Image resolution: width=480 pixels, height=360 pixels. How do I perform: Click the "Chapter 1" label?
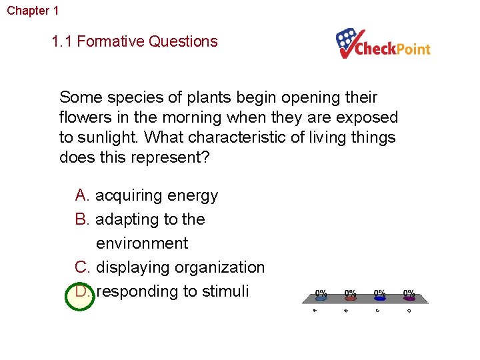pos(33,11)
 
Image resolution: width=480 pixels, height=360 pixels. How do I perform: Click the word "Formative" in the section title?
pos(113,41)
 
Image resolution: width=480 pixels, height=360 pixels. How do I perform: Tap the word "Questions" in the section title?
pos(183,41)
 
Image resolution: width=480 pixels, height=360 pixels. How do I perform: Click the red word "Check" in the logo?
pos(376,49)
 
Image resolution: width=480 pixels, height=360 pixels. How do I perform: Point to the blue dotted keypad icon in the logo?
pos(348,40)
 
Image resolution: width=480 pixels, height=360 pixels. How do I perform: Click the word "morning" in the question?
pos(195,117)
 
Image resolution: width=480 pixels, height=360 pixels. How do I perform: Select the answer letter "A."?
pos(83,195)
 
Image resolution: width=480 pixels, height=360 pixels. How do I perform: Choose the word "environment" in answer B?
pos(142,243)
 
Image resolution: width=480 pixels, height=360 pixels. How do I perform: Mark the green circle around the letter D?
pos(80,293)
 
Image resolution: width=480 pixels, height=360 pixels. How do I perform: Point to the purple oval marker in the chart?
pos(409,299)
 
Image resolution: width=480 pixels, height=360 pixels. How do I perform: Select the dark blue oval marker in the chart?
pos(379,299)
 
